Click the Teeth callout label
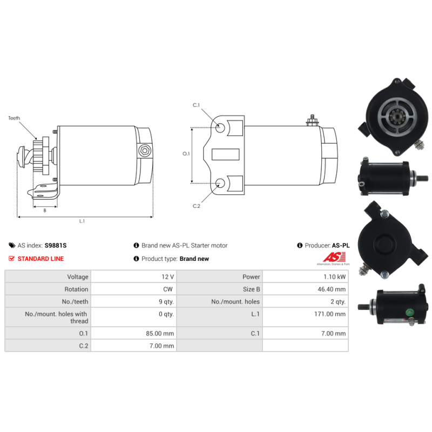[x=14, y=118]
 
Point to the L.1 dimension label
[x=82, y=221]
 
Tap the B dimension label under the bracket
[x=45, y=211]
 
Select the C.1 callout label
[x=196, y=105]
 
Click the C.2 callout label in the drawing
[x=197, y=206]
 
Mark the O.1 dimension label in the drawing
[x=186, y=153]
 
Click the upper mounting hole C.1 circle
[x=220, y=127]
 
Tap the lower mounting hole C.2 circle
[x=220, y=183]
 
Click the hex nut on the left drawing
[x=144, y=151]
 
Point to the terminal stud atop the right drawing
[x=312, y=120]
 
